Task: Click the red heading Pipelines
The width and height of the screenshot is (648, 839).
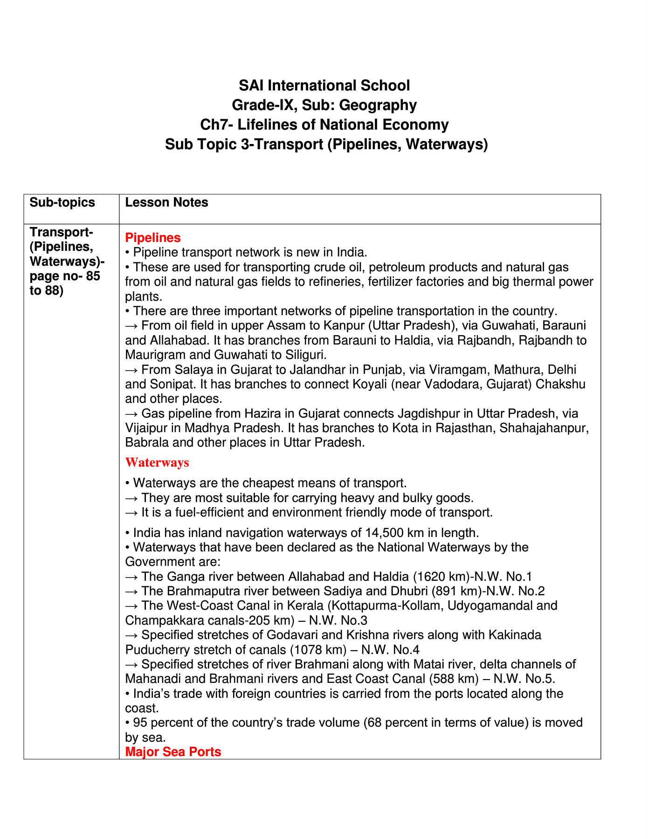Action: tap(153, 238)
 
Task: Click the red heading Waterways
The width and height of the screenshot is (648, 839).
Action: tap(157, 462)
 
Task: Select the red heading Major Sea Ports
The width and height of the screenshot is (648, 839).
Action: tap(173, 752)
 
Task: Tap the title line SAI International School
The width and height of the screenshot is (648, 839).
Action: tap(324, 85)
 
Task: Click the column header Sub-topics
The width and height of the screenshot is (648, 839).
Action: tap(62, 202)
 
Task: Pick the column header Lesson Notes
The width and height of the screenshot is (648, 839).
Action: tap(166, 202)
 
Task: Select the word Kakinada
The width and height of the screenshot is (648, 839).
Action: tap(517, 635)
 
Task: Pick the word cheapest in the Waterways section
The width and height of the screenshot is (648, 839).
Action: tap(262, 483)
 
